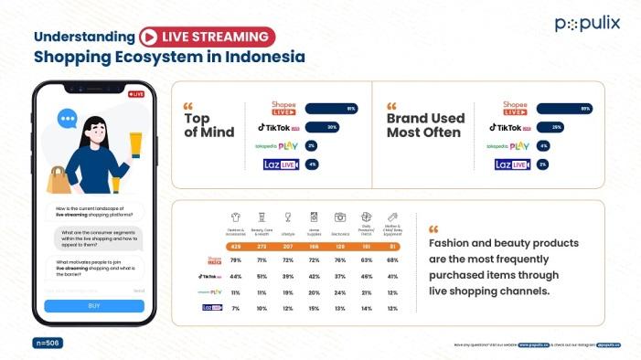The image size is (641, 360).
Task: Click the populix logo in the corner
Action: (x=586, y=24)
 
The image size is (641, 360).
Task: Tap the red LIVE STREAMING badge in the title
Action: (x=206, y=37)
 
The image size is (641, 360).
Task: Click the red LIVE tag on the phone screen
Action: (x=136, y=94)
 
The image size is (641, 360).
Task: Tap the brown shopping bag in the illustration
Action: (x=59, y=179)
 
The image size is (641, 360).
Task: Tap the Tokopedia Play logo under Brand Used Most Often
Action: (x=507, y=146)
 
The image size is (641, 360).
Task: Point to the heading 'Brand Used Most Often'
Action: (x=425, y=124)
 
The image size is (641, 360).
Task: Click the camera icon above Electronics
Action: (x=340, y=217)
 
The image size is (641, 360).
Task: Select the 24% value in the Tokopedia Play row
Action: (x=340, y=292)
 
